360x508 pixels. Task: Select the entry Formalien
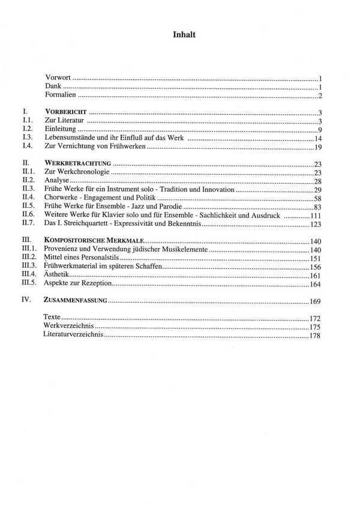pos(61,95)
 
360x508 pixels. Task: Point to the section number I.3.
pos(26,138)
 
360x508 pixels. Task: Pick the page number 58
pos(319,198)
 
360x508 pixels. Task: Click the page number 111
pos(316,215)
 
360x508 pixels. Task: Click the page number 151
pos(316,258)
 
